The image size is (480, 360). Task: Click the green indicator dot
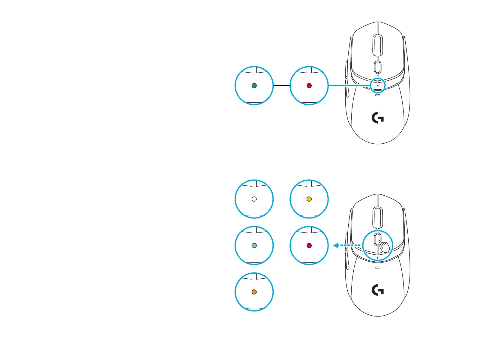coord(254,85)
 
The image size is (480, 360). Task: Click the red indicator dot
coord(309,85)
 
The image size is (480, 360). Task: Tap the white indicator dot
coord(254,199)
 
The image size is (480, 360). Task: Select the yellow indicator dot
coord(309,199)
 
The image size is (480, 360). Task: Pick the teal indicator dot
coord(254,245)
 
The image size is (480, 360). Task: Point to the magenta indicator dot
coord(309,245)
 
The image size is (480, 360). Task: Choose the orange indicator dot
coord(254,292)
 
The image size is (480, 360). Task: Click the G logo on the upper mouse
coord(378,118)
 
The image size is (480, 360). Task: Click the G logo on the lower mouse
coord(378,290)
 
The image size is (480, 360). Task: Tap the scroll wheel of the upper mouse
coord(377,45)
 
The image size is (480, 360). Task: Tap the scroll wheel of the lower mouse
coord(377,218)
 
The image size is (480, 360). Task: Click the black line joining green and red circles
coord(281,85)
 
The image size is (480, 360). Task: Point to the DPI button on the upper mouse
coord(377,67)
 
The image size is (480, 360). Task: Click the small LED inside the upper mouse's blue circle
coord(377,85)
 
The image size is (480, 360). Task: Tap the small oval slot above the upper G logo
coord(377,95)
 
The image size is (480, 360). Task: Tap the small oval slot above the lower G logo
coord(377,267)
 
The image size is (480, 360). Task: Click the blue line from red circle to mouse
coord(349,85)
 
